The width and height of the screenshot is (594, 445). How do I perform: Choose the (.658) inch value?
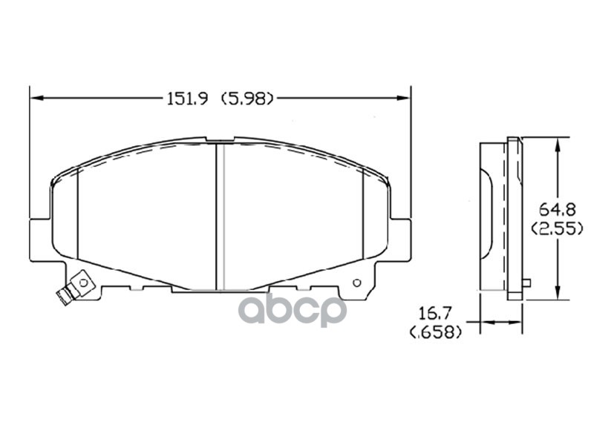[x=436, y=332]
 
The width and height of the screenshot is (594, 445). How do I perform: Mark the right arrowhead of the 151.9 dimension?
[x=406, y=98]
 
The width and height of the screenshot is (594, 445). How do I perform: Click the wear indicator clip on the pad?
[x=74, y=289]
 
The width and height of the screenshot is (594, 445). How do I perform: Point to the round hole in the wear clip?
[x=83, y=282]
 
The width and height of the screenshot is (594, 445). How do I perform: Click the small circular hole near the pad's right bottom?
[x=356, y=283]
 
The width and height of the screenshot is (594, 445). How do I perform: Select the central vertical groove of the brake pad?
[x=220, y=215]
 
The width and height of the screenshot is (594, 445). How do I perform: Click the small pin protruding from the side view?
[x=526, y=283]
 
